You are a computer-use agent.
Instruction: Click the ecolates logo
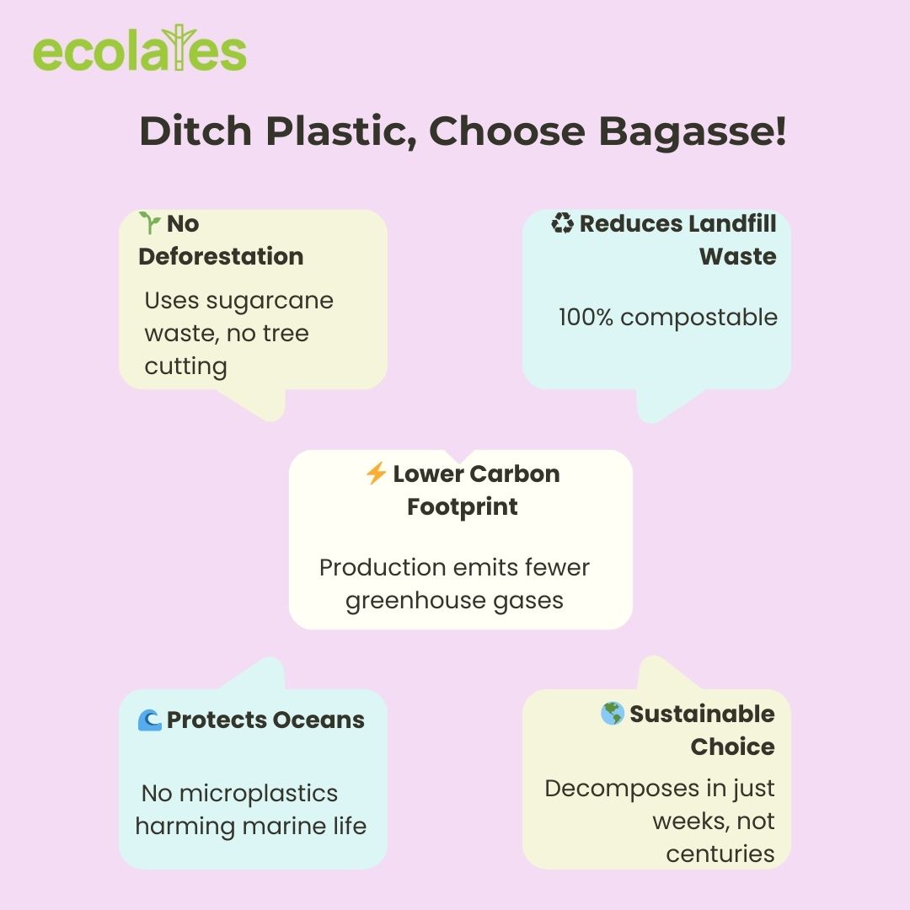tap(140, 49)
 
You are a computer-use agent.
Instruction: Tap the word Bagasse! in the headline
tap(693, 131)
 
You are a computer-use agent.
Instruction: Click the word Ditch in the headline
tap(195, 131)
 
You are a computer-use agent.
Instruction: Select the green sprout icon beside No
tap(150, 222)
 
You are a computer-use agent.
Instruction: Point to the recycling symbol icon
tap(562, 222)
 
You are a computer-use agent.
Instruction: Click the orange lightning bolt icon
tap(376, 473)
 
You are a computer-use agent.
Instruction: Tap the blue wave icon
tap(149, 720)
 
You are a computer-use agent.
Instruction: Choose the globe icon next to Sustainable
tap(613, 714)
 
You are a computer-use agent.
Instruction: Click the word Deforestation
tap(221, 256)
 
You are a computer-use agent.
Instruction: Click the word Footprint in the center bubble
tap(462, 507)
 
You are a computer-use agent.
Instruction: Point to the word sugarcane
tap(270, 302)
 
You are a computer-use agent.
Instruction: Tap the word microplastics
tap(259, 794)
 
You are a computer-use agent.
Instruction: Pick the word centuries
tap(720, 854)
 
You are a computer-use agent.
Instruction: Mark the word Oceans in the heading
tap(318, 720)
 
